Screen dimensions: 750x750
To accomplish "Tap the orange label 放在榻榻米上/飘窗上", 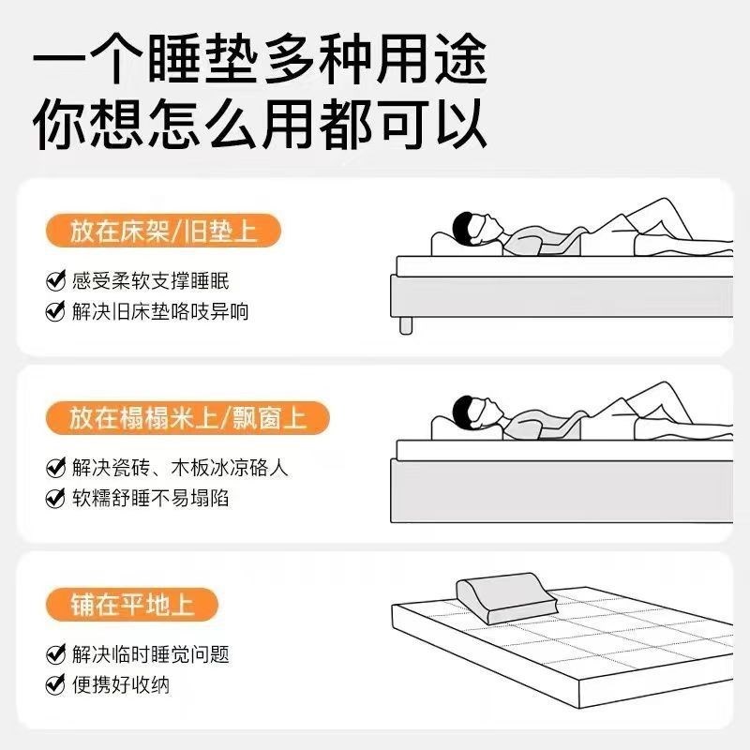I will [187, 417].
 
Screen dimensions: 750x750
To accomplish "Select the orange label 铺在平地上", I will [131, 603].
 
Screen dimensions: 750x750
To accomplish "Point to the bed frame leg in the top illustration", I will [406, 323].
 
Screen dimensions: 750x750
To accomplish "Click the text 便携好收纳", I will [121, 684].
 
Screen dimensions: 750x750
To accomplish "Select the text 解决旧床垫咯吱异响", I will [160, 311].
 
